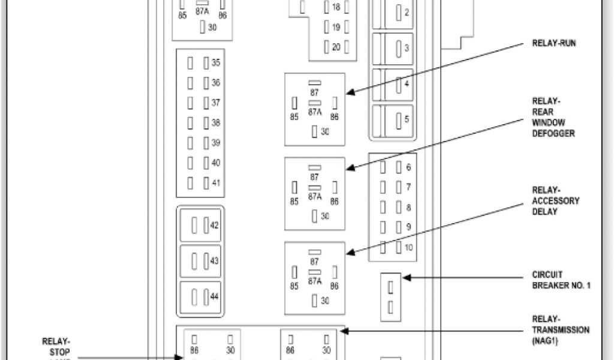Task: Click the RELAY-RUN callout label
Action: (554, 44)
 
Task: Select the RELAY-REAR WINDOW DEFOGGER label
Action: (553, 117)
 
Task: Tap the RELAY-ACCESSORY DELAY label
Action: (555, 201)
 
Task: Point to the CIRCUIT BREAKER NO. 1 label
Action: (561, 280)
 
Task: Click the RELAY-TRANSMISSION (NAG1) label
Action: (560, 329)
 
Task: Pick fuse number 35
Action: (206, 63)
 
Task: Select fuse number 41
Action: (206, 182)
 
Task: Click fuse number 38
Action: (206, 122)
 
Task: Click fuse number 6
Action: (399, 168)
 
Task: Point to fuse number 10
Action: (399, 247)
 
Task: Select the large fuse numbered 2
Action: (399, 13)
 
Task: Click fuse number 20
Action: (327, 47)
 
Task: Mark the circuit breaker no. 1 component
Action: (390, 297)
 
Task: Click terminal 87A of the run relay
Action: (315, 103)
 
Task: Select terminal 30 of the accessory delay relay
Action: (315, 301)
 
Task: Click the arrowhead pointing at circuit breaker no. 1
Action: (406, 278)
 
